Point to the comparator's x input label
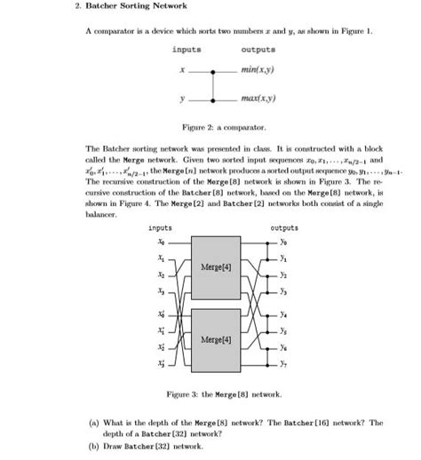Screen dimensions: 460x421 pos(181,69)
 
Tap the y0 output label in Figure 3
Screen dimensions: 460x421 pos(282,240)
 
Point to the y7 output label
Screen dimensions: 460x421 pos(282,363)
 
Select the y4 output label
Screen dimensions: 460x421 pos(282,313)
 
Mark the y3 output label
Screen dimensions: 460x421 pos(282,289)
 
